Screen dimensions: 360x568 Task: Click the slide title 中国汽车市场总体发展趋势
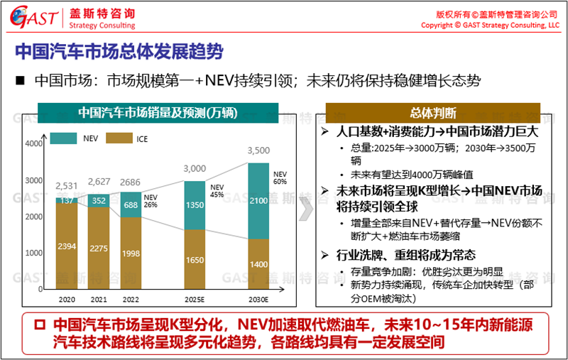pos(117,52)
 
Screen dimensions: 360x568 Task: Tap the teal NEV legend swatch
pos(64,138)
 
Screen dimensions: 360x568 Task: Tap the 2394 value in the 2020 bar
pos(67,247)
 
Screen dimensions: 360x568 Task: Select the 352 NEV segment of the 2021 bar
pos(99,200)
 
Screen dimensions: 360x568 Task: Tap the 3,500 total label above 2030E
pos(258,151)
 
